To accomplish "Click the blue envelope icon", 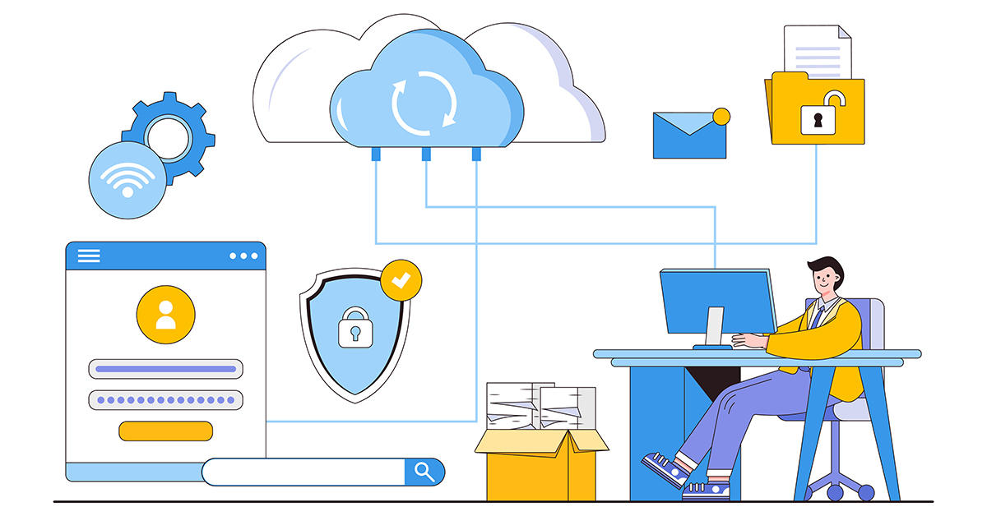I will (689, 136).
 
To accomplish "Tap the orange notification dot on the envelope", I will (721, 117).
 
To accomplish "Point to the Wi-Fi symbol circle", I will (127, 179).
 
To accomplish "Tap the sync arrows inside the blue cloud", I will (424, 102).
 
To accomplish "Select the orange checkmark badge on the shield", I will (401, 280).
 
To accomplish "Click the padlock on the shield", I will (354, 328).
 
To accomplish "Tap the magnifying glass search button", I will (424, 472).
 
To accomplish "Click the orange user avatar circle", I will (165, 314).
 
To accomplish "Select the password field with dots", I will (165, 400).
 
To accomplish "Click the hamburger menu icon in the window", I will (88, 256).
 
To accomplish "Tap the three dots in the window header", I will (243, 256).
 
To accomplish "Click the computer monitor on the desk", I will (718, 302).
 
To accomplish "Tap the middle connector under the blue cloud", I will (426, 154).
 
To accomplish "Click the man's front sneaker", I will (666, 469).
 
